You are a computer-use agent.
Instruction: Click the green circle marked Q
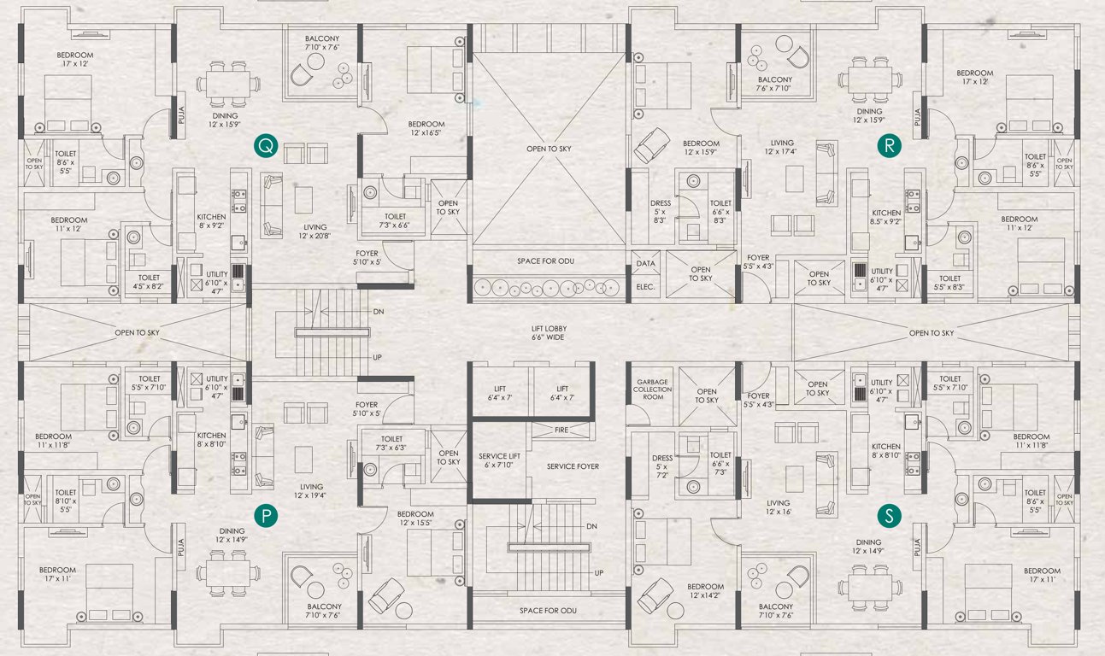click(266, 147)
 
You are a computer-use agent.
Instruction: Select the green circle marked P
click(267, 515)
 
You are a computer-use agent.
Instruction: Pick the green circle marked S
click(890, 515)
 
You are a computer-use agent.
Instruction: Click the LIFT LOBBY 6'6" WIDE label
click(548, 333)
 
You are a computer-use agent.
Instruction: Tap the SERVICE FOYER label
click(573, 466)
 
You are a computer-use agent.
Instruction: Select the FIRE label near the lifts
click(561, 430)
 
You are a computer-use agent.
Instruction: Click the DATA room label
click(645, 264)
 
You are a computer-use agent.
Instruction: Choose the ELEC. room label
click(645, 287)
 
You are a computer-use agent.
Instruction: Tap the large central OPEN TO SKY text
click(548, 149)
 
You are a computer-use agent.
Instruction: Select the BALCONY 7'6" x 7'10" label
click(774, 83)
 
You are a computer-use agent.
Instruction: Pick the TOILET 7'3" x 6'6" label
click(395, 221)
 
